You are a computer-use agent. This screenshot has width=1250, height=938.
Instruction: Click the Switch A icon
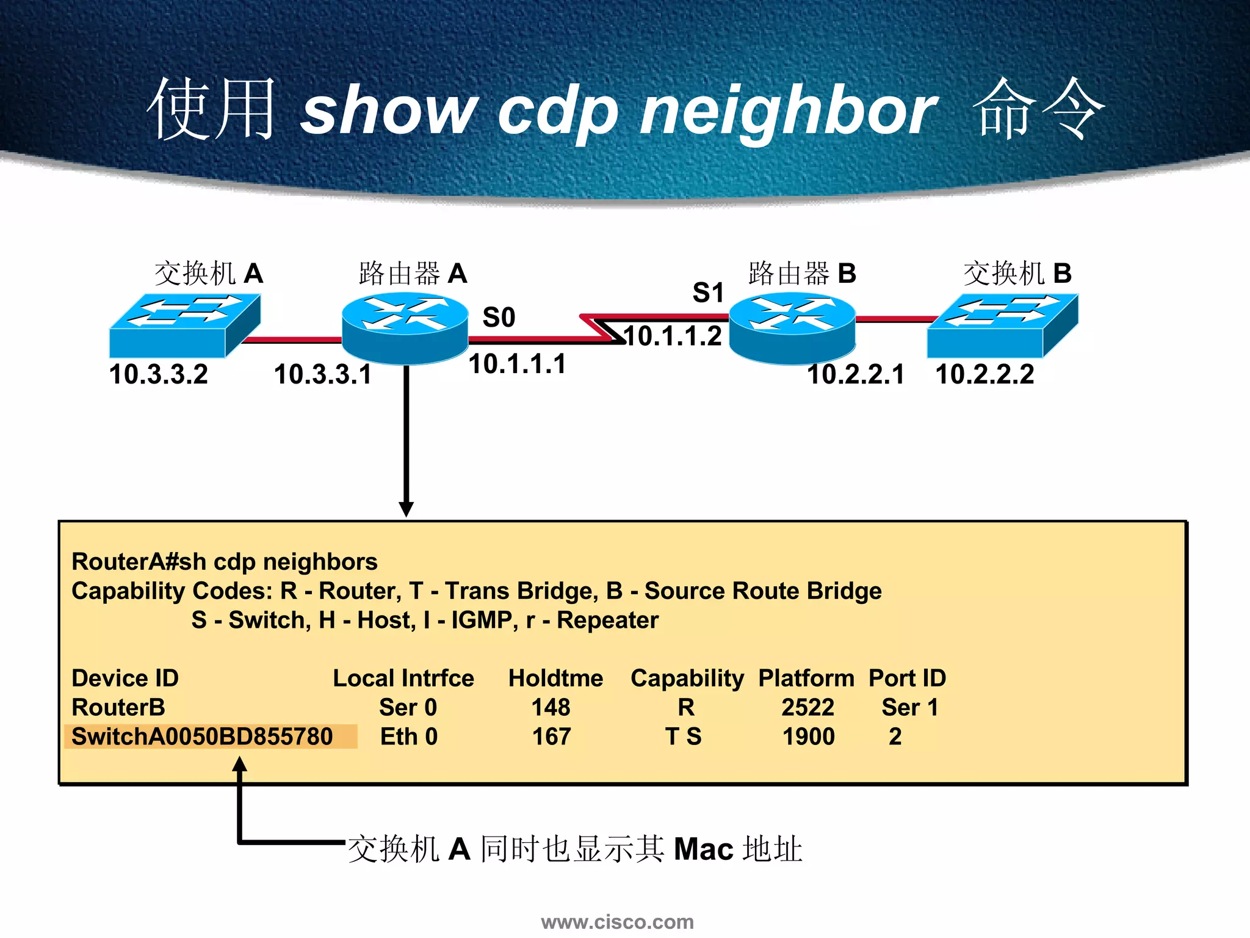(x=185, y=325)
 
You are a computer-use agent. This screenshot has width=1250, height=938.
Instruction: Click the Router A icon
(x=405, y=328)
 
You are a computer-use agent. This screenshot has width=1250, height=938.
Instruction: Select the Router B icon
(x=792, y=328)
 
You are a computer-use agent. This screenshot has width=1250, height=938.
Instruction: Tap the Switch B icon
(x=1002, y=325)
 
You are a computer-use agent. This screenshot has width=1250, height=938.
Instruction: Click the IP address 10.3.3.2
(x=159, y=374)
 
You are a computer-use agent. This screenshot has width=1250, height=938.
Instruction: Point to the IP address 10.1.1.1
(x=518, y=364)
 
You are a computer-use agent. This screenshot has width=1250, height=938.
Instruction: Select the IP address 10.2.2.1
(x=856, y=374)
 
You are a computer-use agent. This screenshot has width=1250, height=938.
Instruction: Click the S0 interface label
(x=499, y=318)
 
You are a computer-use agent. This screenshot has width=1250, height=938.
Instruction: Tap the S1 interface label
(x=708, y=293)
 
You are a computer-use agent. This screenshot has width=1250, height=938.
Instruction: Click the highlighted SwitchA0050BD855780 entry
(x=203, y=736)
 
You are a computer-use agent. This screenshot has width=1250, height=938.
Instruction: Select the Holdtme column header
(x=555, y=678)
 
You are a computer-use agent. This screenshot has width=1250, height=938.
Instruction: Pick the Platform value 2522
(x=807, y=707)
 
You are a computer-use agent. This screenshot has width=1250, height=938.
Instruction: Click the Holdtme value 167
(x=551, y=736)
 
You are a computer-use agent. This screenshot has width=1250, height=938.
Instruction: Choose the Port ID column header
(x=907, y=678)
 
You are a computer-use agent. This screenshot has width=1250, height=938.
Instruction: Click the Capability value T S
(x=683, y=736)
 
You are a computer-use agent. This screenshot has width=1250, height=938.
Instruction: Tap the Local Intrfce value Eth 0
(x=409, y=736)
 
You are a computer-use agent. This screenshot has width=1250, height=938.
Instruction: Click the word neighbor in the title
(x=787, y=112)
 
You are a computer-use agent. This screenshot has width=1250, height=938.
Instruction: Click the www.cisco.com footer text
(x=617, y=922)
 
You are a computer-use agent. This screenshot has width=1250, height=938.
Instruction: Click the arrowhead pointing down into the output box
(x=406, y=509)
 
